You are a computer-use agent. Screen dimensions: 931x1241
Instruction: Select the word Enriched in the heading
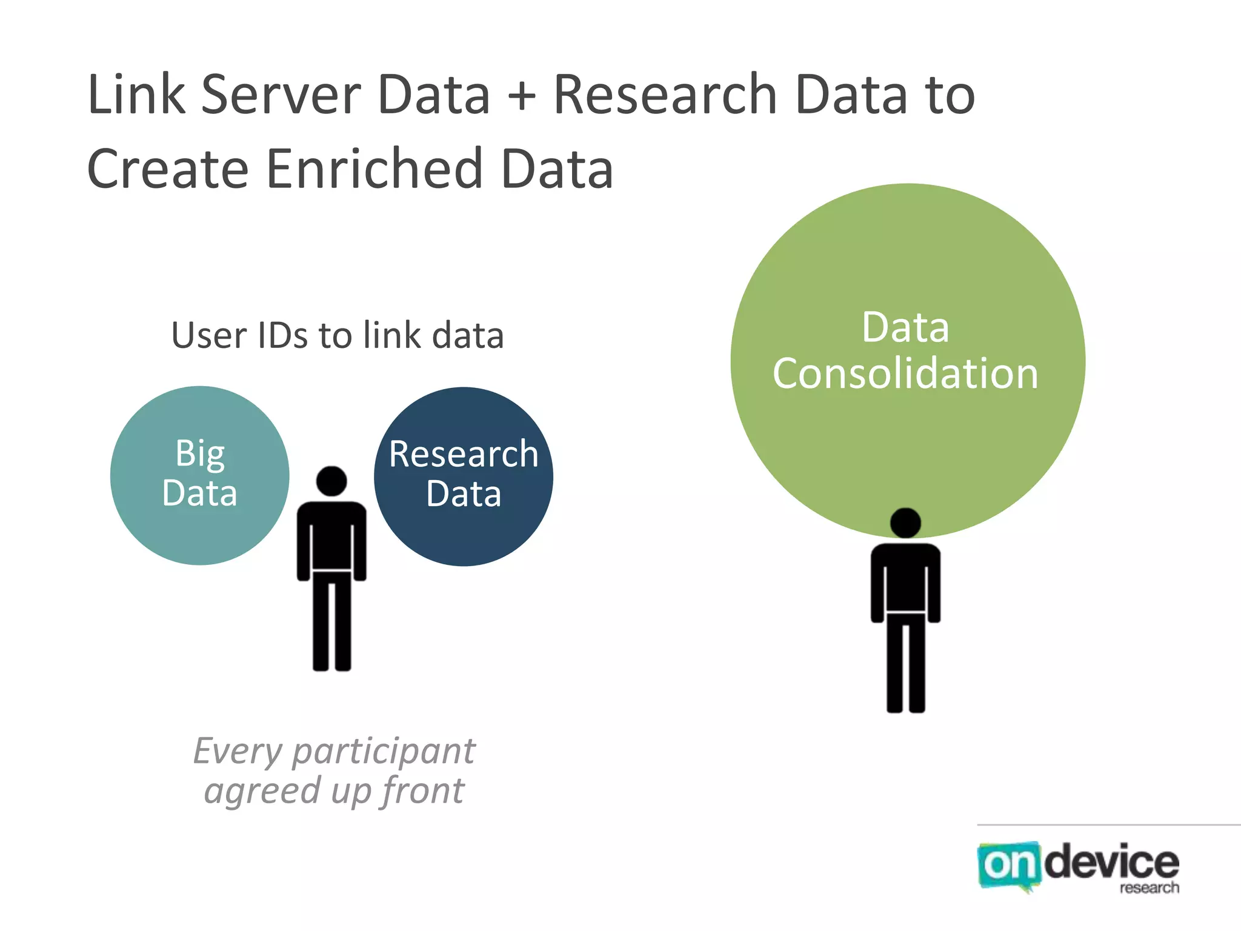373,169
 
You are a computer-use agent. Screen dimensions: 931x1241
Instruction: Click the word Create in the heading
168,169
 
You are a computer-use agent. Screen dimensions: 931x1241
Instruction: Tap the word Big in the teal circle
200,454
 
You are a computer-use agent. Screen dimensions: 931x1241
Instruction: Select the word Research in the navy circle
464,455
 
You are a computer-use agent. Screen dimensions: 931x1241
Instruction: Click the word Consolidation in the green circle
905,373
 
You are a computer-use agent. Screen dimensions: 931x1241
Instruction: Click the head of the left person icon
331,481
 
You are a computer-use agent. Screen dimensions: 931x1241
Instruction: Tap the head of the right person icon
905,522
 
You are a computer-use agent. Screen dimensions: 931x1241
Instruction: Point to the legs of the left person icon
331,621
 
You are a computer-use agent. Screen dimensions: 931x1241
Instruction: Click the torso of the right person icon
905,579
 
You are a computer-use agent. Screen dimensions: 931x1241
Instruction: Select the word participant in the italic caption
384,752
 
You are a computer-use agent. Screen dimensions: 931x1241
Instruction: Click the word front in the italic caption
422,792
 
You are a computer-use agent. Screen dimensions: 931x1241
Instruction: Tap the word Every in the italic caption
238,752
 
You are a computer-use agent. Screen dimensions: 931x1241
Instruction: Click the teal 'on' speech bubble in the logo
1008,866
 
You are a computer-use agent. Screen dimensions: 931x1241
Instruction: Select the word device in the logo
1112,862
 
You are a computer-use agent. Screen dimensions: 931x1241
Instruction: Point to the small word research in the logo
1149,888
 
